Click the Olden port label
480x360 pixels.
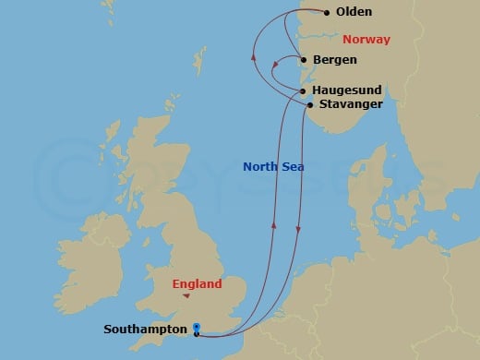click(x=355, y=13)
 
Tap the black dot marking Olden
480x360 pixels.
click(x=326, y=13)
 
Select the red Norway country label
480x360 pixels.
click(x=366, y=40)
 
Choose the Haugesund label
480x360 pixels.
click(x=347, y=90)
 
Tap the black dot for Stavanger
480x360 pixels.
click(x=309, y=105)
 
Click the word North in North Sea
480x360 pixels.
click(x=259, y=167)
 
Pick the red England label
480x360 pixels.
click(x=198, y=284)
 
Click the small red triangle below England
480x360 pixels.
click(x=187, y=297)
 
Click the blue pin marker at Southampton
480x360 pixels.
click(x=197, y=326)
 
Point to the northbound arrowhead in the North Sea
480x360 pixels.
click(x=275, y=222)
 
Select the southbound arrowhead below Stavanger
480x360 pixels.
click(x=297, y=232)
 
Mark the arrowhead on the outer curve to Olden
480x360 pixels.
click(x=253, y=57)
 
